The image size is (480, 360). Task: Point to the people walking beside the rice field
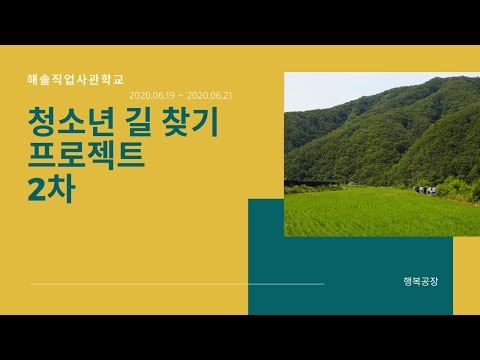tap(426, 188)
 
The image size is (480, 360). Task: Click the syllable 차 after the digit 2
tap(65, 189)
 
